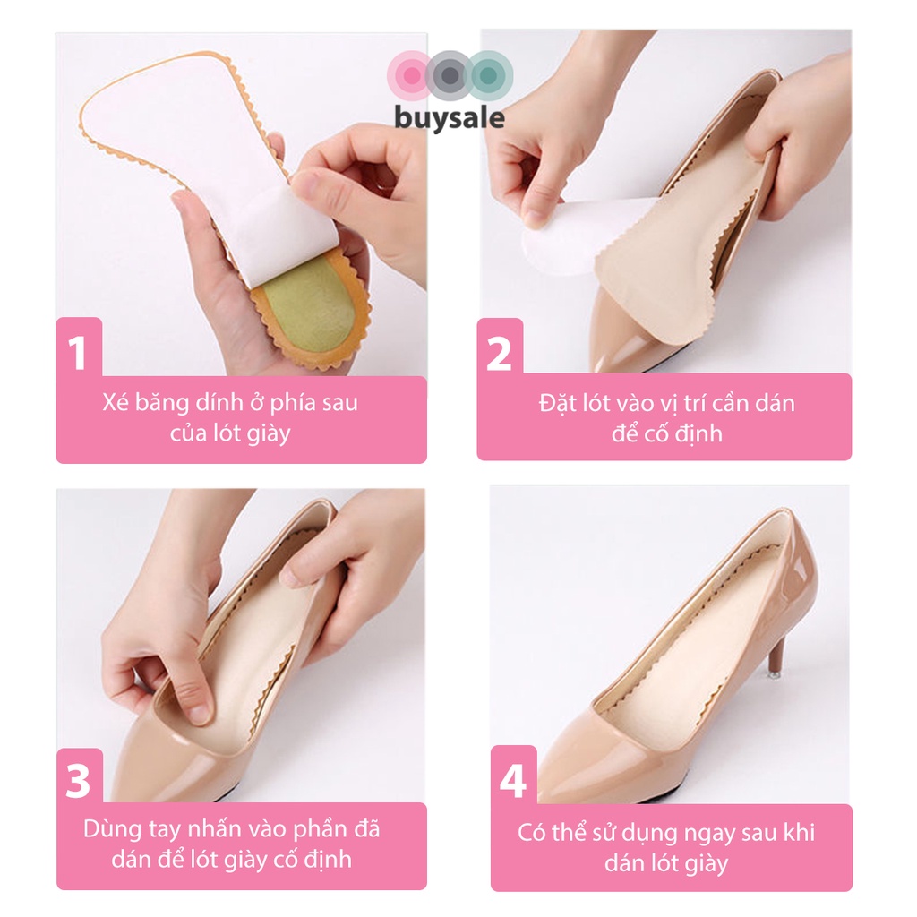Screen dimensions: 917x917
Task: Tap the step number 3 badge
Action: (79, 781)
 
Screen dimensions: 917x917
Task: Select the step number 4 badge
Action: (513, 780)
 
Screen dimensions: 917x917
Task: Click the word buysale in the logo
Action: (450, 118)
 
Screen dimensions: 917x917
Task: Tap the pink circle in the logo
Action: (411, 74)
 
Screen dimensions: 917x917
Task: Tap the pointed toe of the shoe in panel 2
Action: (609, 354)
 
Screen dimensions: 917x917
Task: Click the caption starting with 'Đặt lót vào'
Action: (665, 417)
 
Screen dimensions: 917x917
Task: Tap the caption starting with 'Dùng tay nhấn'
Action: (232, 844)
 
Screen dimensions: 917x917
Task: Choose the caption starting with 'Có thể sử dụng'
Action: (666, 846)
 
